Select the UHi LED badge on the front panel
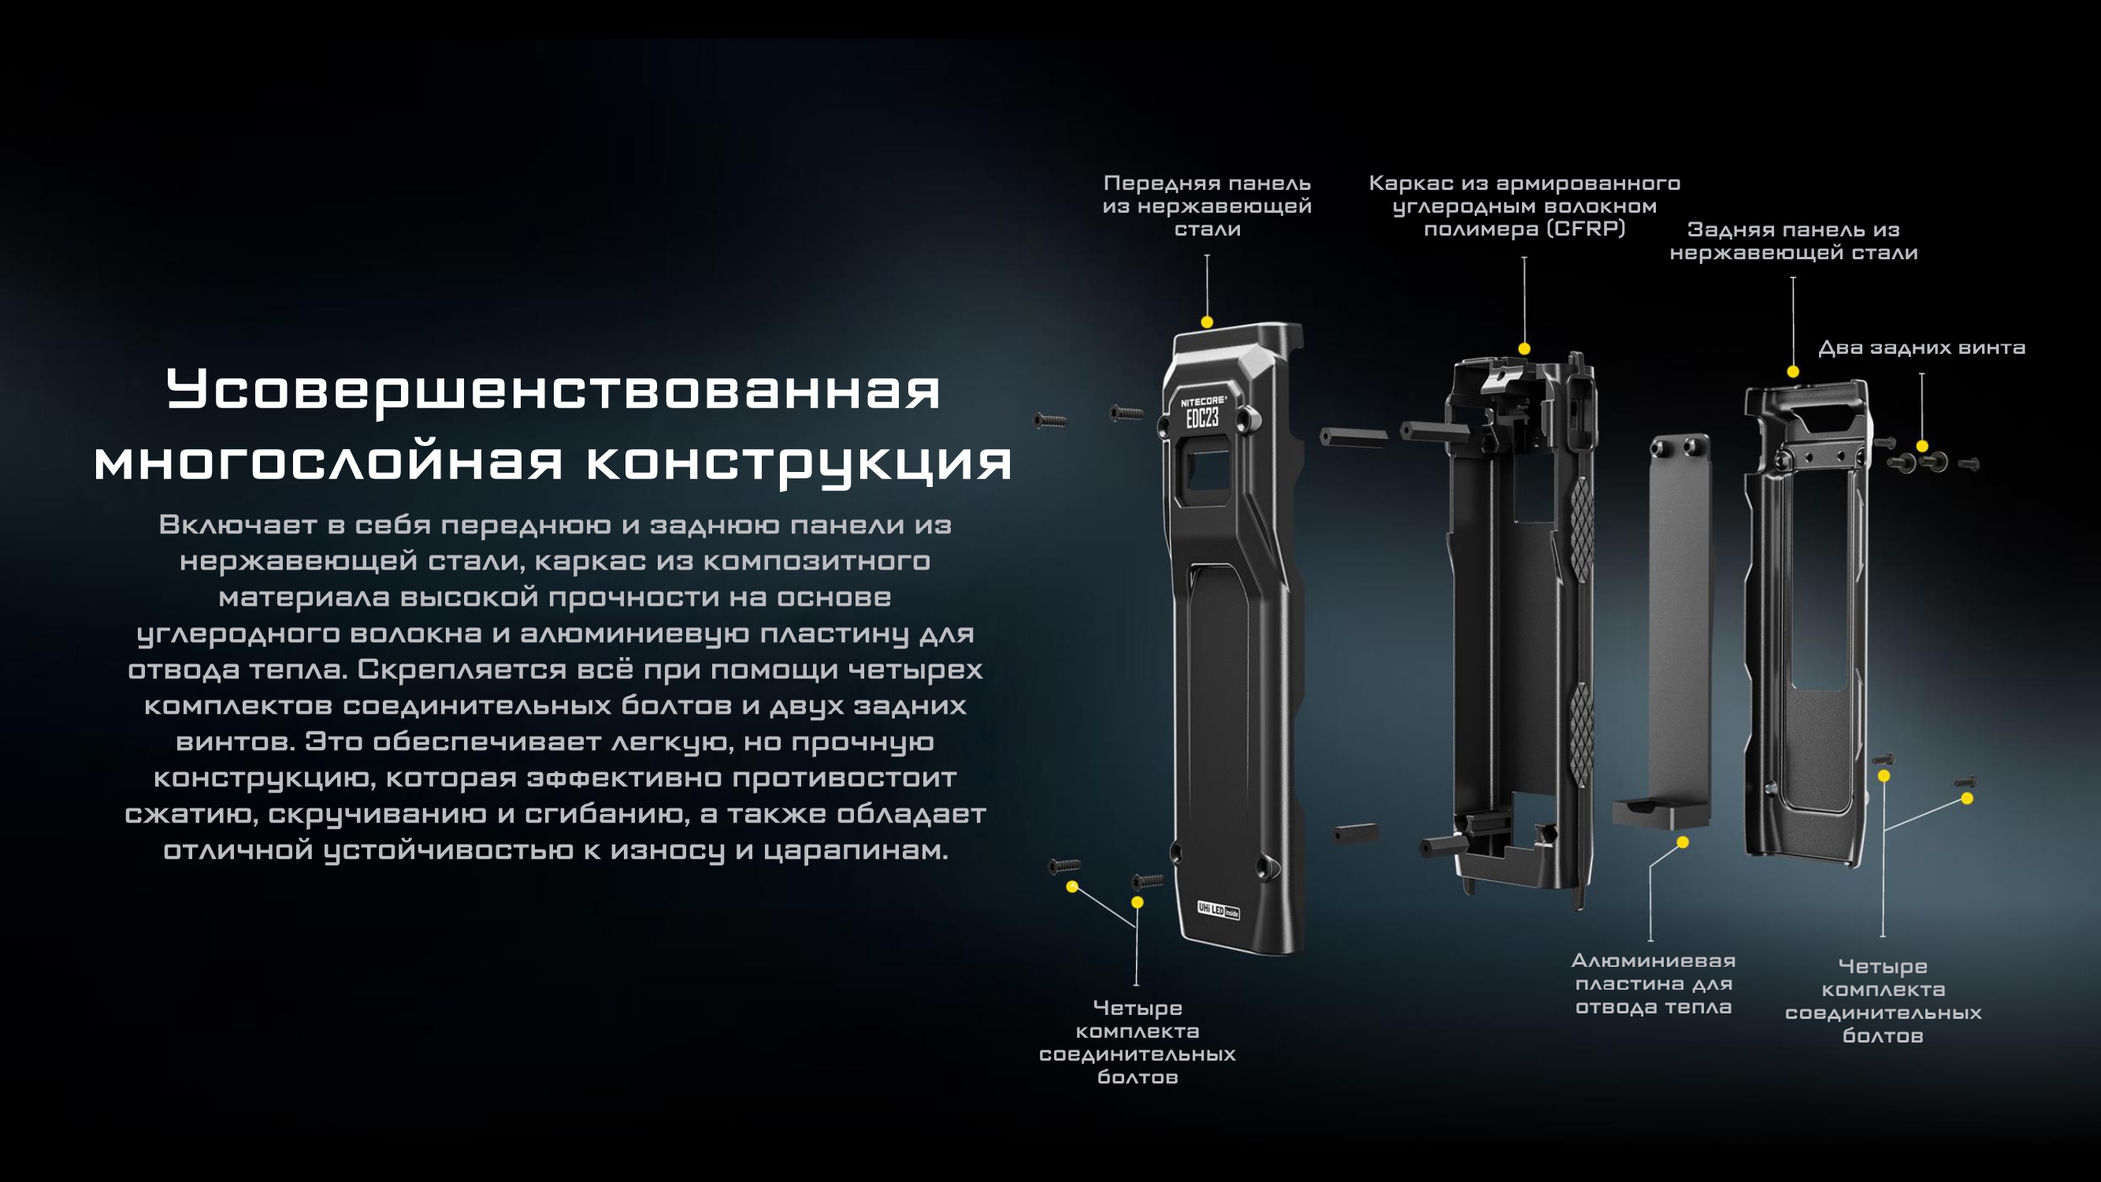click(x=1218, y=909)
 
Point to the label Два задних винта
click(x=1921, y=348)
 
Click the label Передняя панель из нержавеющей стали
click(x=1207, y=206)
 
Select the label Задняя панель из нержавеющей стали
click(x=1793, y=241)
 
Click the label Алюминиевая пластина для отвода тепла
click(x=1654, y=983)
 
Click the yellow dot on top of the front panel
click(x=1207, y=322)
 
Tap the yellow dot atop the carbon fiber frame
click(x=1524, y=349)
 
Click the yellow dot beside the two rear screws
click(x=1922, y=446)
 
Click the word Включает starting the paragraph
click(x=238, y=525)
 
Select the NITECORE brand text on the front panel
click(x=1199, y=400)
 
